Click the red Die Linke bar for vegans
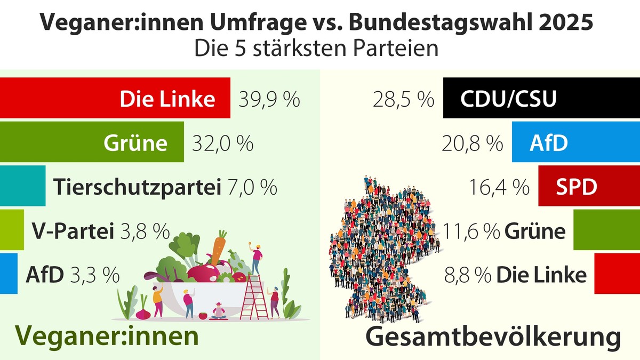[115, 98]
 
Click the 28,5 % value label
[403, 100]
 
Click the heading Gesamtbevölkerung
[493, 338]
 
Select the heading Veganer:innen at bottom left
[107, 336]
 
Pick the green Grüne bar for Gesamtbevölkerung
[606, 230]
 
